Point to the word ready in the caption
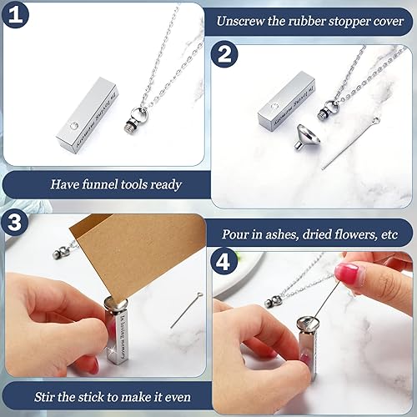162,183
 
